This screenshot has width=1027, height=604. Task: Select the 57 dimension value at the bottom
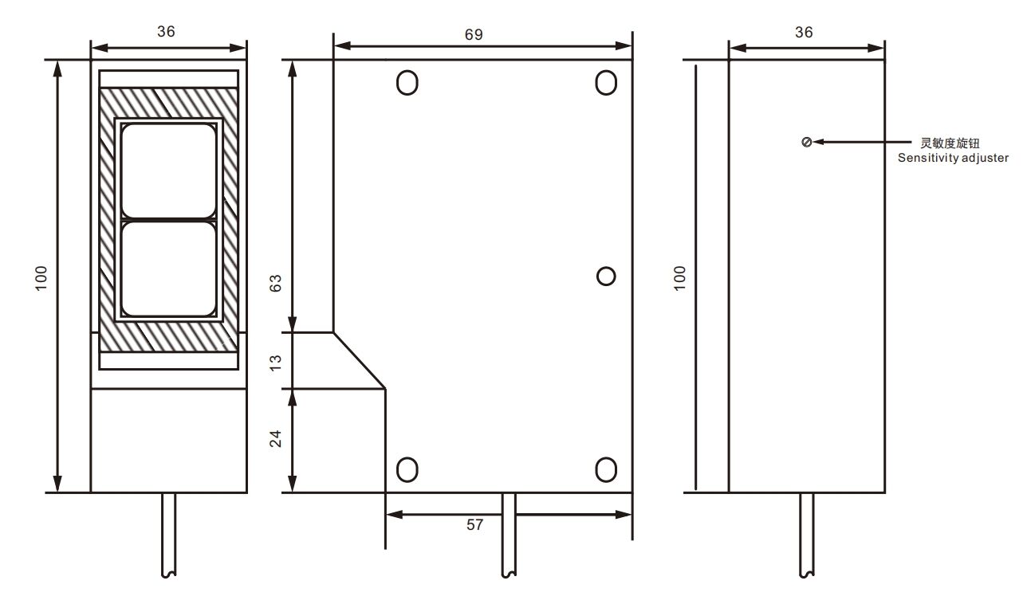point(474,526)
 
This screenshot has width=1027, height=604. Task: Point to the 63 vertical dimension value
point(276,284)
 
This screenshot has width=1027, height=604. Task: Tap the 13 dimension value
point(276,361)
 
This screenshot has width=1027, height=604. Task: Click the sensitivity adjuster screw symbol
point(806,142)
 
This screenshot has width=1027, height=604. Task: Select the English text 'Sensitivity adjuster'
point(953,158)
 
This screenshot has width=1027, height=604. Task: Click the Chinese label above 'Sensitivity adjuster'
point(949,143)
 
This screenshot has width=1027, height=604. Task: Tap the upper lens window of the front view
point(168,171)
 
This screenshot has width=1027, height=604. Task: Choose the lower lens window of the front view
point(168,268)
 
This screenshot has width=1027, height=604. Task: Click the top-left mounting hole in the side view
point(407,82)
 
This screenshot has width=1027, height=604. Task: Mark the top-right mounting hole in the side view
point(606,82)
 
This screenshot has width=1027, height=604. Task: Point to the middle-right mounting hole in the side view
point(606,276)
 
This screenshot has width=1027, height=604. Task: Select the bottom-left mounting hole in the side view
point(407,469)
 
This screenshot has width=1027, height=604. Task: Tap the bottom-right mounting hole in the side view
point(606,469)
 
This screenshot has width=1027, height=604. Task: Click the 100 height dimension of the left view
point(41,277)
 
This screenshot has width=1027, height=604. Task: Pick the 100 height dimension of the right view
point(679,277)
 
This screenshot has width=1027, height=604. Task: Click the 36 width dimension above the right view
point(805,32)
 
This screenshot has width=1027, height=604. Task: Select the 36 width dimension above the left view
point(166,31)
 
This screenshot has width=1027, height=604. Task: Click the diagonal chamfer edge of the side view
point(359,361)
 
